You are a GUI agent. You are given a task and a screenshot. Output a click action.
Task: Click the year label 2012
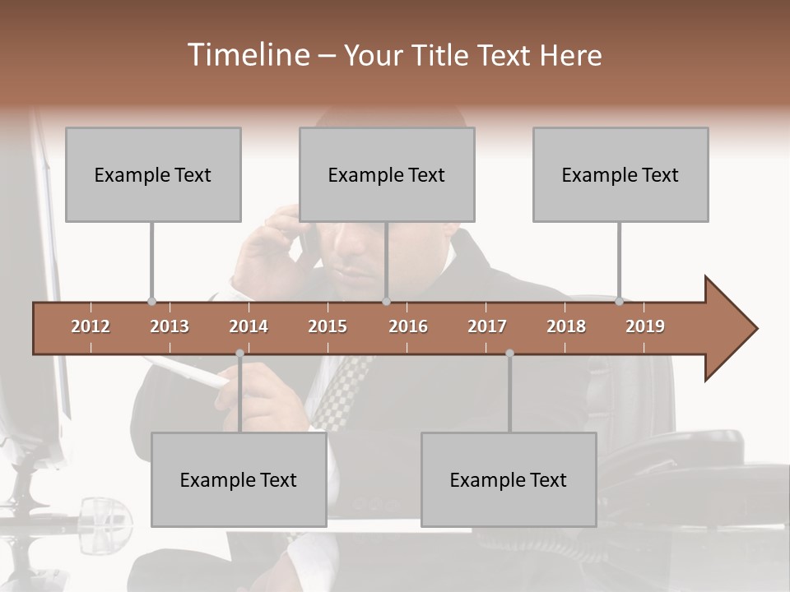click(91, 326)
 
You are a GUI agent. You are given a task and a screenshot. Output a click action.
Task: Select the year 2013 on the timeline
click(170, 326)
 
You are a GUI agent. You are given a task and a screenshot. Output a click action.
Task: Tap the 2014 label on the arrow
click(249, 326)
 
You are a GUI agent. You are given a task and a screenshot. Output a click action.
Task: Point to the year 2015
click(328, 326)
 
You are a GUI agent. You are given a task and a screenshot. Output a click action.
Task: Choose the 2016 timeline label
click(408, 326)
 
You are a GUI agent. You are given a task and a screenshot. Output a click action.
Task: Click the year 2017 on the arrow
click(487, 326)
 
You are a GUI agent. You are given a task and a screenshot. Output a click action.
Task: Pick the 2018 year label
click(566, 326)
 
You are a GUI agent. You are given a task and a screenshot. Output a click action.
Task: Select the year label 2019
click(645, 326)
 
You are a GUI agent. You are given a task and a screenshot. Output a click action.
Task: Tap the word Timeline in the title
click(247, 55)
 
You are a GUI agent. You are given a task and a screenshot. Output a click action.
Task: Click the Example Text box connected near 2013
click(153, 174)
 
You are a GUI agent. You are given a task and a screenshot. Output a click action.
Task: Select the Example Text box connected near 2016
click(387, 174)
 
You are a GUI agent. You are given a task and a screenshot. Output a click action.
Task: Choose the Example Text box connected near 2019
click(620, 174)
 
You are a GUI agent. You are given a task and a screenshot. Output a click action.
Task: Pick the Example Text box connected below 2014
click(239, 479)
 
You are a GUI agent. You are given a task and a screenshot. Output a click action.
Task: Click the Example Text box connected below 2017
click(509, 479)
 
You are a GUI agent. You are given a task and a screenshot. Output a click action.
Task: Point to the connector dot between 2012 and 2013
click(151, 302)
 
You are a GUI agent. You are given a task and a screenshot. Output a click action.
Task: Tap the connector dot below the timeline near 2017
click(509, 354)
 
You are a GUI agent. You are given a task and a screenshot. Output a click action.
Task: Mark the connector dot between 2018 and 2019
click(619, 302)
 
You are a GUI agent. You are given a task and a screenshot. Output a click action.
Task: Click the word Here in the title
click(570, 56)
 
